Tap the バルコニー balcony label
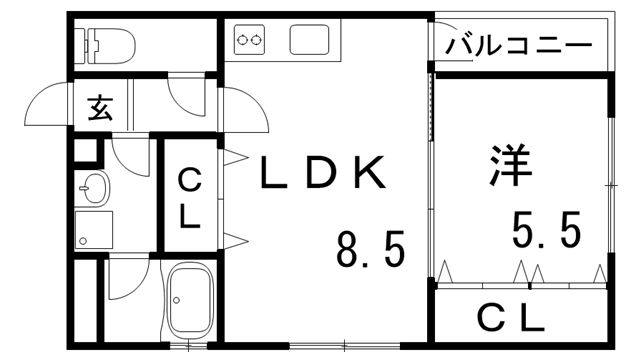point(519,46)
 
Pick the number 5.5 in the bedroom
point(545,233)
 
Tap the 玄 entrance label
point(100,107)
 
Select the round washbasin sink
point(95,186)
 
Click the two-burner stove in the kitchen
point(249,41)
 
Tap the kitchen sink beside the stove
point(307,40)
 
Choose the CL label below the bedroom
point(509,318)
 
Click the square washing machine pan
point(94,230)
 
